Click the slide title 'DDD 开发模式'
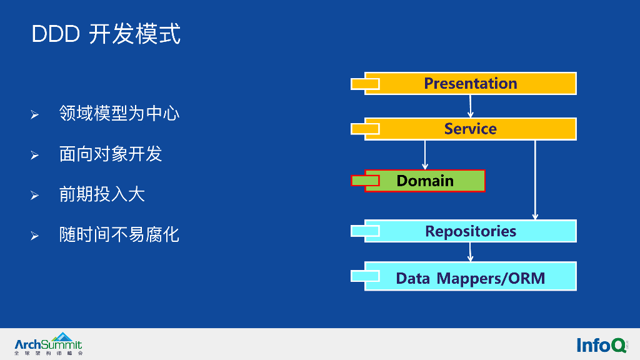(106, 34)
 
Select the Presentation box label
(471, 83)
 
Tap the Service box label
(471, 129)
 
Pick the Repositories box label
(471, 231)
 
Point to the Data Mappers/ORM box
(471, 278)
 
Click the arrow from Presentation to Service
(470, 106)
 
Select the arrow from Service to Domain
(425, 154)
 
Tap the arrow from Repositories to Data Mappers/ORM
(470, 252)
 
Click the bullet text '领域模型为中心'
(119, 114)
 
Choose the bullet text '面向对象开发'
(111, 154)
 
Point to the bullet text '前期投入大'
(102, 194)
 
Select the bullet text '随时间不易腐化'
(119, 235)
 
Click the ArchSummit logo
(48, 344)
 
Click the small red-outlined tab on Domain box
(365, 181)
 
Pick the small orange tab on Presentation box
(365, 84)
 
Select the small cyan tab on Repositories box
(365, 231)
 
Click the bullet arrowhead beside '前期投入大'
(35, 196)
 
